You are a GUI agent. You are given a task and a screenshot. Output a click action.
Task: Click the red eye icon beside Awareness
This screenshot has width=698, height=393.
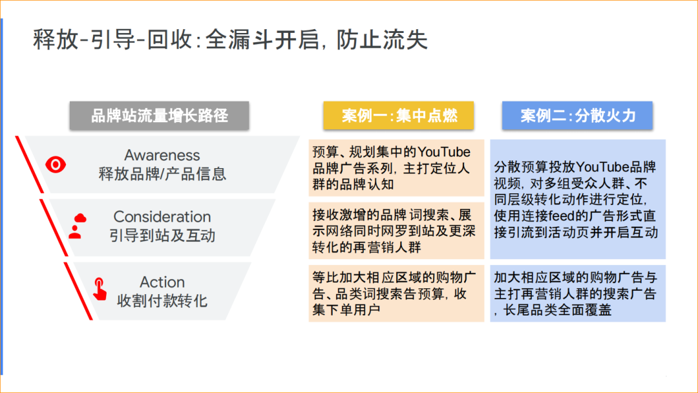(x=56, y=165)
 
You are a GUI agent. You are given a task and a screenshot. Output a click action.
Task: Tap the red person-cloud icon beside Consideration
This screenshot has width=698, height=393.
(x=77, y=226)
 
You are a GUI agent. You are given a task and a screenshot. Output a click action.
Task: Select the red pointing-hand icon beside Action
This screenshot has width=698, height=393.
(x=99, y=289)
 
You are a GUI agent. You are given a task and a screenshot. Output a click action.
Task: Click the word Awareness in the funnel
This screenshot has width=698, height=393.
(x=162, y=155)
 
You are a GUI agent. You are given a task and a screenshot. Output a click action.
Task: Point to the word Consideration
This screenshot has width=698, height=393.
(x=162, y=217)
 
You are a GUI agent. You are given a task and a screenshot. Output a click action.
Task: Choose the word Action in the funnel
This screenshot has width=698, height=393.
(x=162, y=282)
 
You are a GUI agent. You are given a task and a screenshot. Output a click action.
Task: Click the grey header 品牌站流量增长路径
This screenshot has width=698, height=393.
(x=159, y=116)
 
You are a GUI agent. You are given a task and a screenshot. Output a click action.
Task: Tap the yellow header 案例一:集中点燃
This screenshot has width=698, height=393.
(x=399, y=116)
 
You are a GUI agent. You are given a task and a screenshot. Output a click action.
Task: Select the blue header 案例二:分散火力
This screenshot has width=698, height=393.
(x=578, y=116)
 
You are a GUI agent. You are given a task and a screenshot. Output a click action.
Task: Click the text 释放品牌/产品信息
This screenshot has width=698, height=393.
(x=162, y=174)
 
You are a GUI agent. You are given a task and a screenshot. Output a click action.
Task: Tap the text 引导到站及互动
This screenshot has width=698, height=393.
(x=162, y=235)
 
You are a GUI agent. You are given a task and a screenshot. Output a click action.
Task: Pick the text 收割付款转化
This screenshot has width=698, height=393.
(x=162, y=301)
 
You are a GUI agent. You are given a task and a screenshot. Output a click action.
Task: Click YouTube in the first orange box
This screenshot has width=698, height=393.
(x=444, y=153)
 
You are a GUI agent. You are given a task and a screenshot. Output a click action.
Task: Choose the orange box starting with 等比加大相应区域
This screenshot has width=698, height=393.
(x=396, y=293)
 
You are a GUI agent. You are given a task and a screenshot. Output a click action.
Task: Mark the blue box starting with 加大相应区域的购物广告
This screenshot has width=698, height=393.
(x=578, y=293)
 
